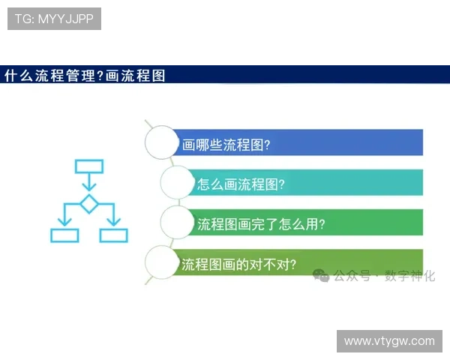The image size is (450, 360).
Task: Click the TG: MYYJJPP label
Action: pos(54,19)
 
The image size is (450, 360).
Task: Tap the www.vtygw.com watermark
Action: pos(389,341)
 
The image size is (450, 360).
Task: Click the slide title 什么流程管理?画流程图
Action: pos(85,75)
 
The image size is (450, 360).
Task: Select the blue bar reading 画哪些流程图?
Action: pos(300,142)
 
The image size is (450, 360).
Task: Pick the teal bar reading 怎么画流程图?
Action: pos(307,182)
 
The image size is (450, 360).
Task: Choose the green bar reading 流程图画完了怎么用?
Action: pos(307,223)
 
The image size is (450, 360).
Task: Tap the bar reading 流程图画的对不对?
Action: pos(300,263)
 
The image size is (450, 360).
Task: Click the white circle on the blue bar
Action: pos(163,142)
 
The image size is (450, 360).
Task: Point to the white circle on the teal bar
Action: pos(178,182)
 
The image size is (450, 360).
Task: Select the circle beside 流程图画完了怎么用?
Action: pos(178,223)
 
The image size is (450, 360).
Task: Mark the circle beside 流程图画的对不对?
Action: pos(163,263)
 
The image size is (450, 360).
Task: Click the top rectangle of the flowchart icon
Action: pos(89,166)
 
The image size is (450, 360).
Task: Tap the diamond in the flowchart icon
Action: pos(89,203)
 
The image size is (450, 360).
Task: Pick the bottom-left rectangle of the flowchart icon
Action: pos(64,235)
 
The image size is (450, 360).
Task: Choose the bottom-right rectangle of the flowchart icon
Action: pos(114,235)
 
